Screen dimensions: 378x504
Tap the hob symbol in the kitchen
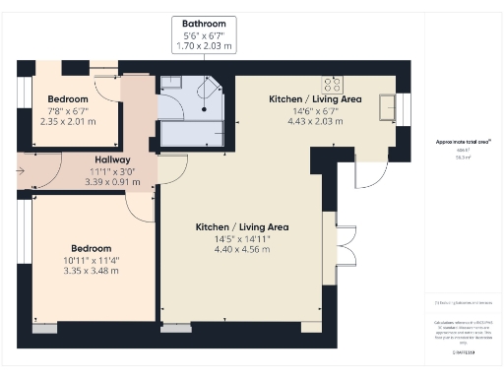point(332,84)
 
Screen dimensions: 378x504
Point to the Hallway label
point(113,159)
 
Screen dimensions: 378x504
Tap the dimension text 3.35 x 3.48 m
point(90,271)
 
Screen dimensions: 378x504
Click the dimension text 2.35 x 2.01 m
point(68,122)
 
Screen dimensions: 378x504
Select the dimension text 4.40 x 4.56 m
point(242,249)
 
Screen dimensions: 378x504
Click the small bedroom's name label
point(68,99)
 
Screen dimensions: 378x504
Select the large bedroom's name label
point(90,248)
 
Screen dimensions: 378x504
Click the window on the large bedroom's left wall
point(22,233)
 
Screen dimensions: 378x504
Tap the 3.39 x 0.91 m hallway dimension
point(113,181)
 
